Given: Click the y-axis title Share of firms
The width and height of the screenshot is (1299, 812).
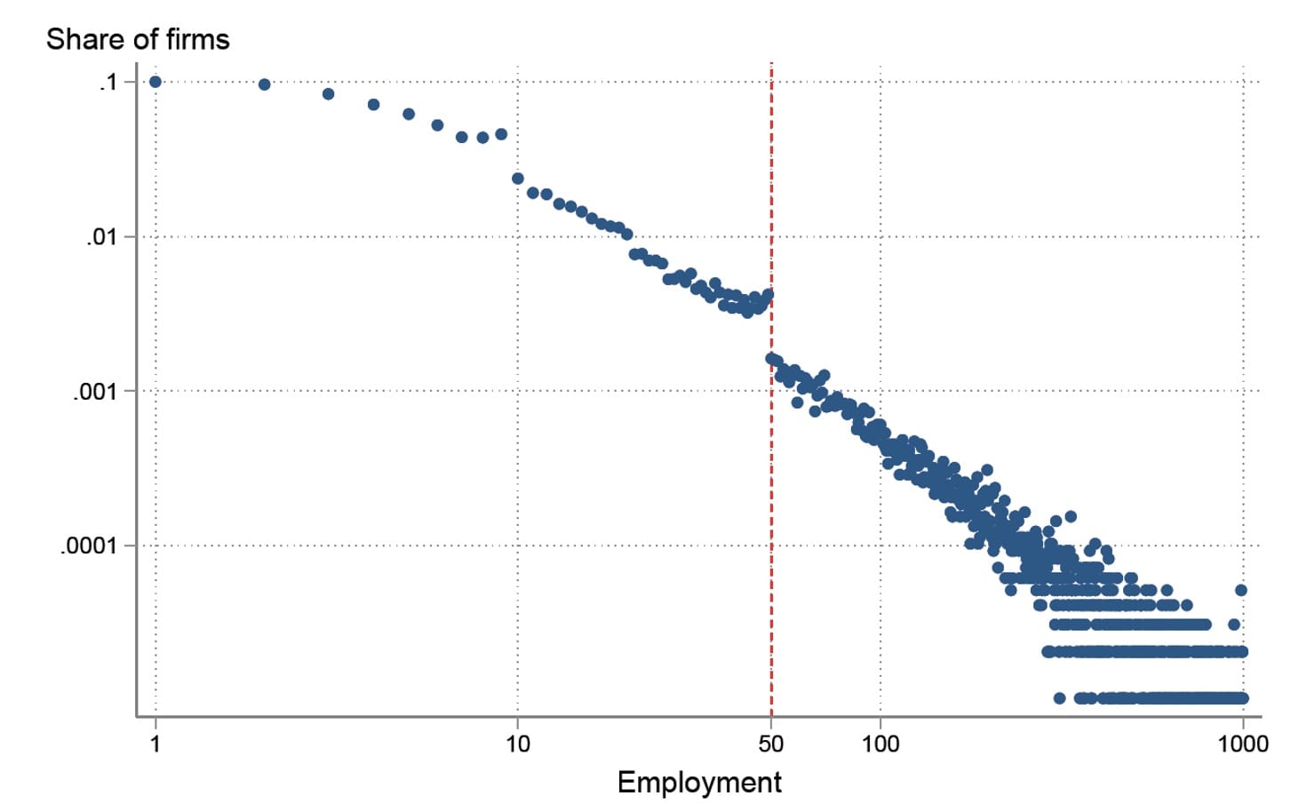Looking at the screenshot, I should tap(138, 39).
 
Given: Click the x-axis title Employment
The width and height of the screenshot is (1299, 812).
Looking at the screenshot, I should tap(699, 782).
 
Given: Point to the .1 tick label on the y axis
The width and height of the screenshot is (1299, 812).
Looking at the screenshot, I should tap(108, 83).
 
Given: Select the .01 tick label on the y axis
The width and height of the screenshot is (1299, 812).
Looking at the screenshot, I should tap(101, 237).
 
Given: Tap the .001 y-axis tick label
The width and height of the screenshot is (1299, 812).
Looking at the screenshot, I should tap(95, 391).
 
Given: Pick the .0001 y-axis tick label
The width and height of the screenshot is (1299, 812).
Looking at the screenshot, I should tap(89, 545).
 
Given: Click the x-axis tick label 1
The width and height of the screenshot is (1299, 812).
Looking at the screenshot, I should tap(155, 744).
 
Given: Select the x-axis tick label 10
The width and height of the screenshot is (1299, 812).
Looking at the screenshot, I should tap(518, 744).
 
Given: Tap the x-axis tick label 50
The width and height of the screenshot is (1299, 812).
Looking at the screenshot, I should tap(771, 744).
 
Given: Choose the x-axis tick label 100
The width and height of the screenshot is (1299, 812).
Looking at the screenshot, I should tap(881, 744).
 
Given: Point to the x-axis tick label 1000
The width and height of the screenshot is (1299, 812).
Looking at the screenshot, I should tap(1242, 744).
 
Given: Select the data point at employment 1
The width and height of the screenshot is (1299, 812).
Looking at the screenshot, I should tap(155, 82).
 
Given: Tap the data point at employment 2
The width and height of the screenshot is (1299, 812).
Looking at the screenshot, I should tap(264, 84).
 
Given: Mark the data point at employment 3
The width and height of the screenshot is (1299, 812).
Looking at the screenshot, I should tap(328, 94).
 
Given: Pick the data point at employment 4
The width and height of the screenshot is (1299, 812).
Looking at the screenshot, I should tap(373, 105).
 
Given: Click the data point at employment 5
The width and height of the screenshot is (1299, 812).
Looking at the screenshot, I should tap(409, 114).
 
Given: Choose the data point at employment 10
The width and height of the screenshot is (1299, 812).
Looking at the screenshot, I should tap(518, 179).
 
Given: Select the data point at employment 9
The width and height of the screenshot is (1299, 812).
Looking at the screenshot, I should tap(501, 134).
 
